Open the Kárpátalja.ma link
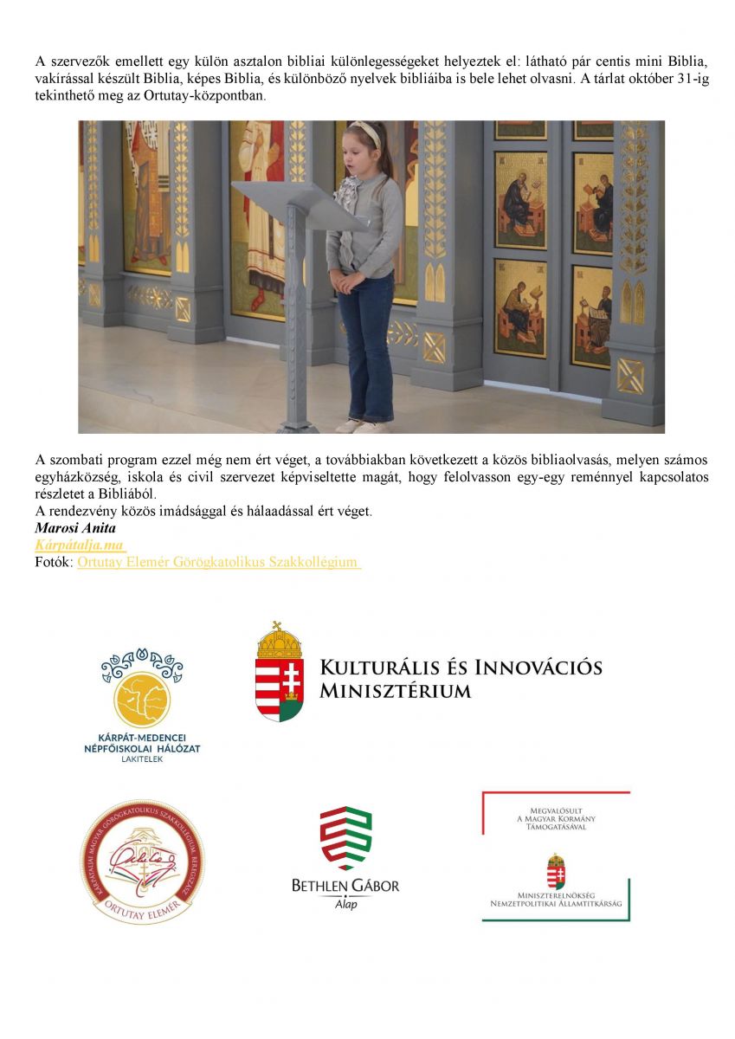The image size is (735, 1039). click(x=81, y=545)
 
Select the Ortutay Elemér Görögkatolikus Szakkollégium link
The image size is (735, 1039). click(x=218, y=562)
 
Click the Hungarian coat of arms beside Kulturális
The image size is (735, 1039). click(x=280, y=672)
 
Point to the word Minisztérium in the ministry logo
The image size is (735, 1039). click(x=395, y=691)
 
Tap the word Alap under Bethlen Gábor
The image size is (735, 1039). click(x=345, y=904)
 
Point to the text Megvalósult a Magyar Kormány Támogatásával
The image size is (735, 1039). click(x=556, y=817)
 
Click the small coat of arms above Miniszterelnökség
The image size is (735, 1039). click(x=556, y=870)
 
